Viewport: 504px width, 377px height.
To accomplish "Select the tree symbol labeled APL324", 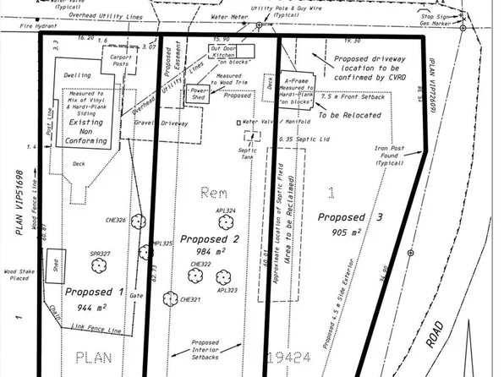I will (225, 223).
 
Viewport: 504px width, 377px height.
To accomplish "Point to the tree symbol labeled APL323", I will (222, 277).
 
